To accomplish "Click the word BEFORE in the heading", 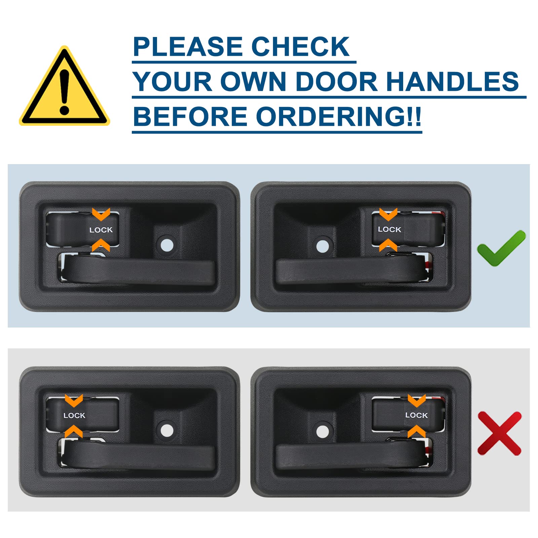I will [x=190, y=116].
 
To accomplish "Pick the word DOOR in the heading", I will [x=337, y=81].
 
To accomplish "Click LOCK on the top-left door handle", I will [x=101, y=230].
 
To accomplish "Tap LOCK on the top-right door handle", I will [x=389, y=229].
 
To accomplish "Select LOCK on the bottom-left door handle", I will [x=74, y=416].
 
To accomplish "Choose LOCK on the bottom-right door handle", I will [x=416, y=415].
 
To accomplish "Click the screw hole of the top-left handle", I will [x=167, y=245].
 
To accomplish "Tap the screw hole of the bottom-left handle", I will [x=166, y=430].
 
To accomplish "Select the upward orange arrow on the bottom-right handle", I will [x=416, y=431].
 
